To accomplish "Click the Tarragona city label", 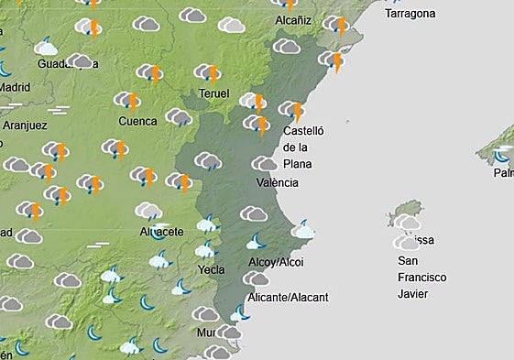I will [x=410, y=14].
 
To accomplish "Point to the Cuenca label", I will [x=137, y=120].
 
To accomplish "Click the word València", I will [x=278, y=182].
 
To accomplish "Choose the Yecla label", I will [x=212, y=269].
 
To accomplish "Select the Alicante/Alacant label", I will [x=289, y=297].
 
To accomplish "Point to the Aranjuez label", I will [x=25, y=125].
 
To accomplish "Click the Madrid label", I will [x=14, y=87].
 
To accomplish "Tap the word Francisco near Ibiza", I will [x=421, y=277].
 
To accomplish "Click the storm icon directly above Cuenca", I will [x=127, y=101].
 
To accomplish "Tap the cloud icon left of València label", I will [x=264, y=164].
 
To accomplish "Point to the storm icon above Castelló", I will [x=292, y=110].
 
